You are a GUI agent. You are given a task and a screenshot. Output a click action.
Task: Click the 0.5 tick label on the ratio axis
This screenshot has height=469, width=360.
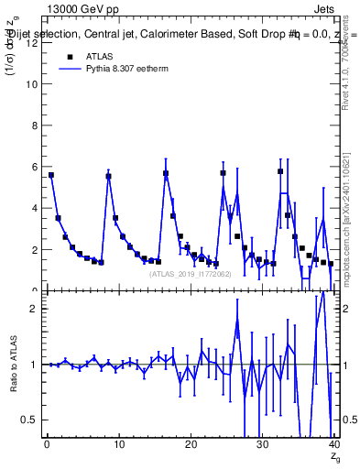pyautogui.click(x=28, y=420)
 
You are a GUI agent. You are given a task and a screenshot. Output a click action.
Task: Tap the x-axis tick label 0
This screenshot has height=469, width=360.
pyautogui.click(x=47, y=445)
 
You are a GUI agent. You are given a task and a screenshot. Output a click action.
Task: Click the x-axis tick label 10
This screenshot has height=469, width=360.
pyautogui.click(x=118, y=445)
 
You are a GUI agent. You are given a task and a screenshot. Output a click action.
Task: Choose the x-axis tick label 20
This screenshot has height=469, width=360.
pyautogui.click(x=190, y=445)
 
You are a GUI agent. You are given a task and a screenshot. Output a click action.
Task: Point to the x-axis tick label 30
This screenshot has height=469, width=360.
pyautogui.click(x=261, y=445)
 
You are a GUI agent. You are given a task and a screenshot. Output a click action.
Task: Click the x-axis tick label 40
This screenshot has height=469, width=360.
pyautogui.click(x=333, y=445)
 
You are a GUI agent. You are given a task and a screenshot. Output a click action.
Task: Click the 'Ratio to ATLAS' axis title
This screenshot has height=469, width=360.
pyautogui.click(x=13, y=364)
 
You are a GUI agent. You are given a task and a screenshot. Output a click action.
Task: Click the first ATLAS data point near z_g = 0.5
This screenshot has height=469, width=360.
pyautogui.click(x=51, y=175)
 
